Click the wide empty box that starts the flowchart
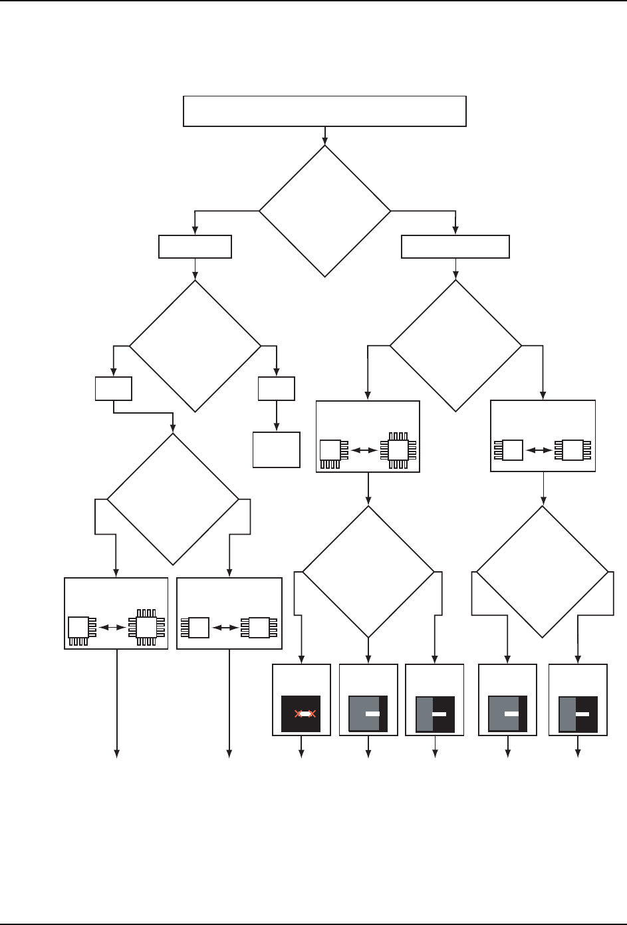[324, 111]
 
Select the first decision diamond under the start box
[324, 211]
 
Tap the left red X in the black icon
[299, 714]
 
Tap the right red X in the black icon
[311, 714]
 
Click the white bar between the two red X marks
[305, 714]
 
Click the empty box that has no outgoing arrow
[277, 450]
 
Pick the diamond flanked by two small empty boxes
[195, 346]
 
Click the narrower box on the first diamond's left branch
[195, 247]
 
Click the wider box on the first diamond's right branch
[455, 247]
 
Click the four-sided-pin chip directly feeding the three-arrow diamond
[398, 451]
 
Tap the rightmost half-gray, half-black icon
[578, 714]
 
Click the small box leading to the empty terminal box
[277, 388]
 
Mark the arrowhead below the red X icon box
[301, 754]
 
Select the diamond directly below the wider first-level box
[455, 346]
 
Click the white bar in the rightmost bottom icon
[582, 714]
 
